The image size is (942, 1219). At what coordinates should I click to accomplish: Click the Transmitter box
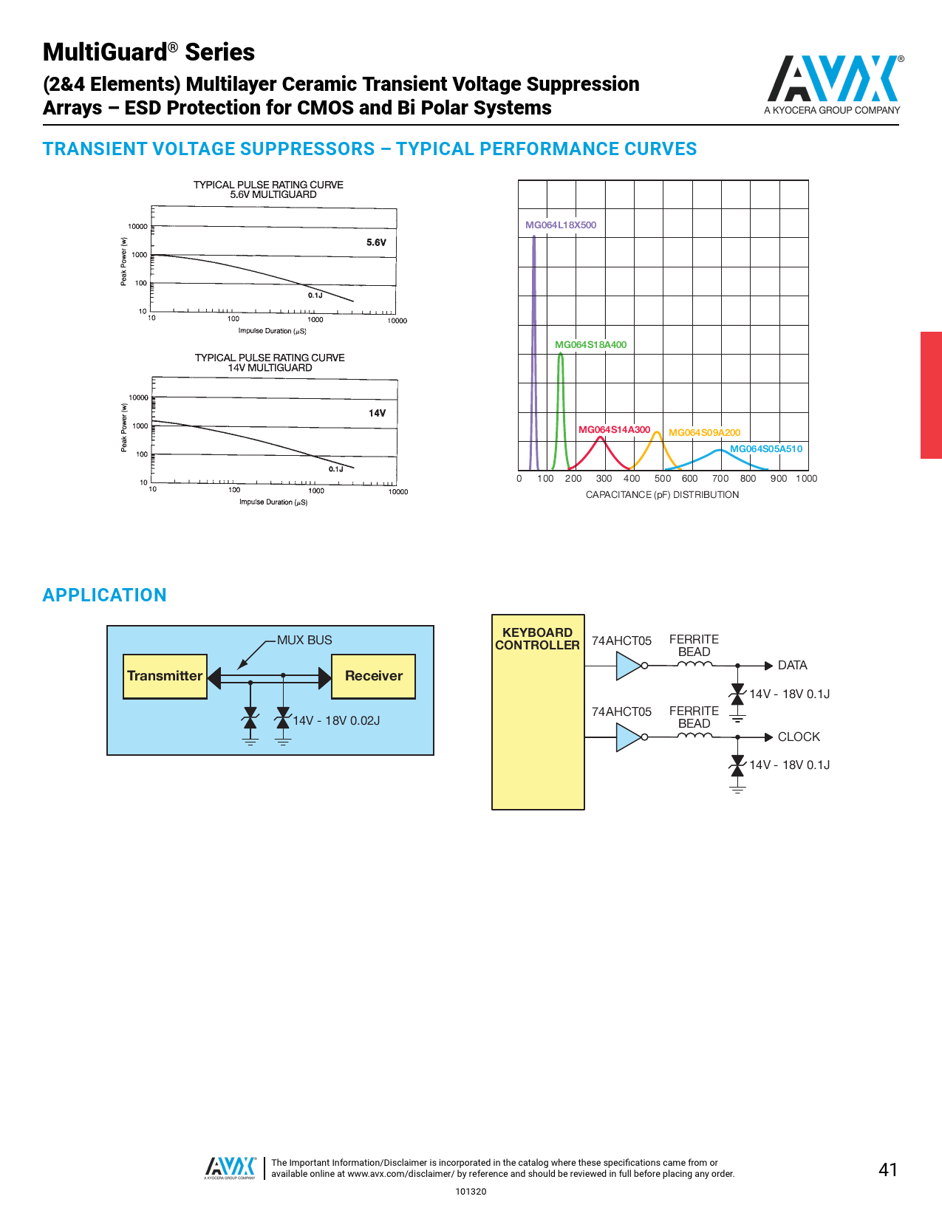point(165,676)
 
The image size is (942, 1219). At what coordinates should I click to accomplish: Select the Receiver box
point(373,676)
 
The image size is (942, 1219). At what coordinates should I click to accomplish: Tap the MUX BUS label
point(304,640)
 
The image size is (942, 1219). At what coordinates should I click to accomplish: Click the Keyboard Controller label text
point(537,639)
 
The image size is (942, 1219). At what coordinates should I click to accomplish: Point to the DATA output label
point(792,666)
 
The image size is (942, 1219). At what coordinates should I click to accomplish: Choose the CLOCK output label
point(799,737)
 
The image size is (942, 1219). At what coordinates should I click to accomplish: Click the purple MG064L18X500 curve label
point(561,225)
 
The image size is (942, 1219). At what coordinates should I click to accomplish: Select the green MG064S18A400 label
point(590,345)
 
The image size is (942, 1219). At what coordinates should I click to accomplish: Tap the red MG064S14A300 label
point(614,430)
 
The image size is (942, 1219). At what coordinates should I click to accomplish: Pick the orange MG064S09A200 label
point(704,433)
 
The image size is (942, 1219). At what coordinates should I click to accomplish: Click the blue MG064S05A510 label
point(766,449)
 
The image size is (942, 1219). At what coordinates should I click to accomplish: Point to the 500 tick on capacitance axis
point(663,479)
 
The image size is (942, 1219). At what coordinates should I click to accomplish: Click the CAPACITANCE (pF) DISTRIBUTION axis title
point(662,495)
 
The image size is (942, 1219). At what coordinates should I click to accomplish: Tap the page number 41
point(888,1170)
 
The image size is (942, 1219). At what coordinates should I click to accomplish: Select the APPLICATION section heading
point(105,595)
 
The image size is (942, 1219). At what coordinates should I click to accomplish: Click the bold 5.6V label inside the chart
point(376,242)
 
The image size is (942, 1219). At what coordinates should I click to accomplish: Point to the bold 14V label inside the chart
point(377,414)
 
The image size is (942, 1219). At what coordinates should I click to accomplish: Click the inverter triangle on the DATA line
point(628,666)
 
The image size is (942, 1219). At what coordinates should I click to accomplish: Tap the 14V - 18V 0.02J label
point(336,721)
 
